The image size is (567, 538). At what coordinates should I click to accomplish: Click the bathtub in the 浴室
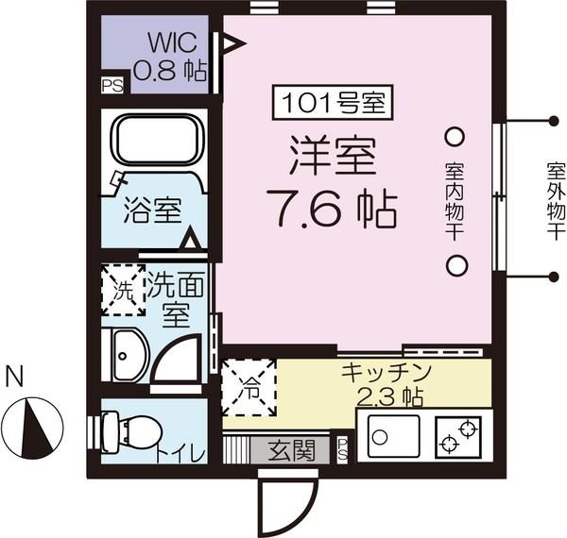pyautogui.click(x=158, y=140)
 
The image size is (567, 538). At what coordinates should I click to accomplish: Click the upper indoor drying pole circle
pyautogui.click(x=455, y=136)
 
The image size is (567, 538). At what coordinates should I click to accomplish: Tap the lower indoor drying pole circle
pyautogui.click(x=455, y=265)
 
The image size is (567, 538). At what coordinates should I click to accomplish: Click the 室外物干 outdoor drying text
pyautogui.click(x=555, y=201)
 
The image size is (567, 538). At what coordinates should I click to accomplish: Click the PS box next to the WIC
pyautogui.click(x=112, y=84)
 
